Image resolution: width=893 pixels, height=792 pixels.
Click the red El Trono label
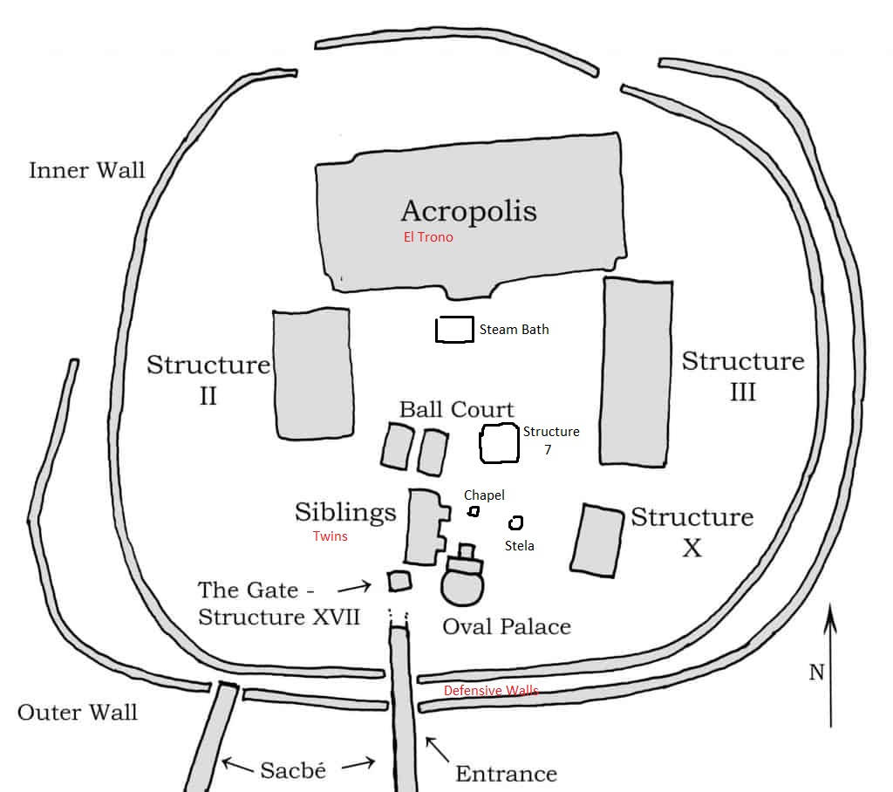(x=427, y=236)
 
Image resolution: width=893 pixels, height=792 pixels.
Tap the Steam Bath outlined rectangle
(x=454, y=329)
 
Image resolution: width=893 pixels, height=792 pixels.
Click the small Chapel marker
(x=474, y=511)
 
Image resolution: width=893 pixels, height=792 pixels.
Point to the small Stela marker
(x=515, y=522)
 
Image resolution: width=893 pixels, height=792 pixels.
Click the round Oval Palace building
(x=462, y=585)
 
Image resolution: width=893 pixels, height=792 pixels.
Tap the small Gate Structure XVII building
(x=399, y=581)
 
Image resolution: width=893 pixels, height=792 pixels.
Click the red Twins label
(x=331, y=536)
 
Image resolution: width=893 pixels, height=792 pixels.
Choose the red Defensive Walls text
(x=491, y=691)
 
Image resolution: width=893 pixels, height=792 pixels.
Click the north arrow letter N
(x=816, y=672)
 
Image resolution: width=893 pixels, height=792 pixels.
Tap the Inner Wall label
(x=86, y=169)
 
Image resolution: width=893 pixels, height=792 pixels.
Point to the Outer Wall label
(x=78, y=712)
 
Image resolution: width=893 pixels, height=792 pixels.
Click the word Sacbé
(x=293, y=770)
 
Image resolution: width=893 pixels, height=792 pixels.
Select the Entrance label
(x=506, y=773)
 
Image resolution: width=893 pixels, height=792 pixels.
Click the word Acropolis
(x=468, y=210)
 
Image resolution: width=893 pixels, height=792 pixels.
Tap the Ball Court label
(x=456, y=409)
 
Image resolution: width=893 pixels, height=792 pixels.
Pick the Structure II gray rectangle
(x=313, y=372)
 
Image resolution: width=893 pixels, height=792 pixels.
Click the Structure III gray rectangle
(x=637, y=372)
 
